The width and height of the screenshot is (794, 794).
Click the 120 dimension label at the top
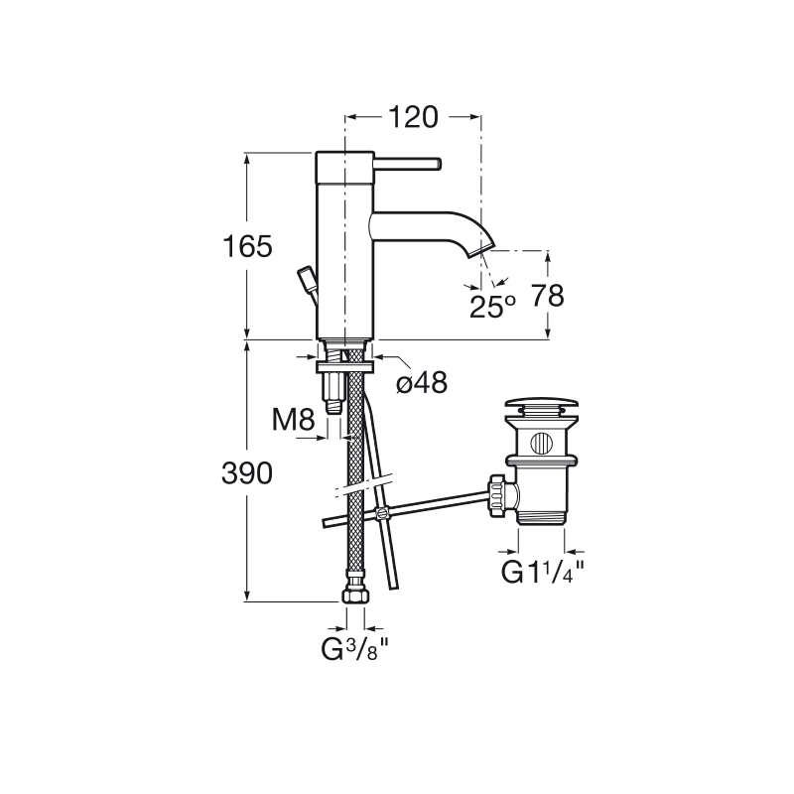[x=413, y=117]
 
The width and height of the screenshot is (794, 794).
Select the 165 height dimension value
[x=247, y=247]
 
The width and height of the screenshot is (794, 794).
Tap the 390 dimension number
[x=247, y=474]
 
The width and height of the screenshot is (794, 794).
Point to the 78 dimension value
[x=548, y=296]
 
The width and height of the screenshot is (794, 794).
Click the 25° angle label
[x=492, y=307]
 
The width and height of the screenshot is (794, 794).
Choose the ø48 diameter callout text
[x=421, y=382]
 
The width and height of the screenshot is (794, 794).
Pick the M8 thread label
[x=294, y=420]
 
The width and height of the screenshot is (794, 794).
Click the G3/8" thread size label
[x=354, y=650]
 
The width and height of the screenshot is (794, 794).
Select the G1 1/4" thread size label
[x=542, y=573]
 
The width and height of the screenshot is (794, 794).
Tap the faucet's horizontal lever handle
[x=408, y=165]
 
